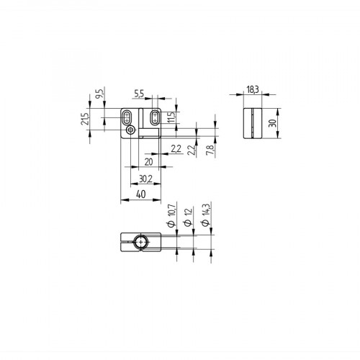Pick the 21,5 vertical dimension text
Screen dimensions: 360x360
pyautogui.click(x=85, y=119)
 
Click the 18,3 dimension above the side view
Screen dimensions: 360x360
pyautogui.click(x=251, y=91)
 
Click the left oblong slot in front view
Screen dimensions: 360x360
pyautogui.click(x=127, y=117)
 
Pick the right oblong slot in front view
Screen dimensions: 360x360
pyautogui.click(x=154, y=117)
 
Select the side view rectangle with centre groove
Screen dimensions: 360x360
pyautogui.click(x=251, y=123)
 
